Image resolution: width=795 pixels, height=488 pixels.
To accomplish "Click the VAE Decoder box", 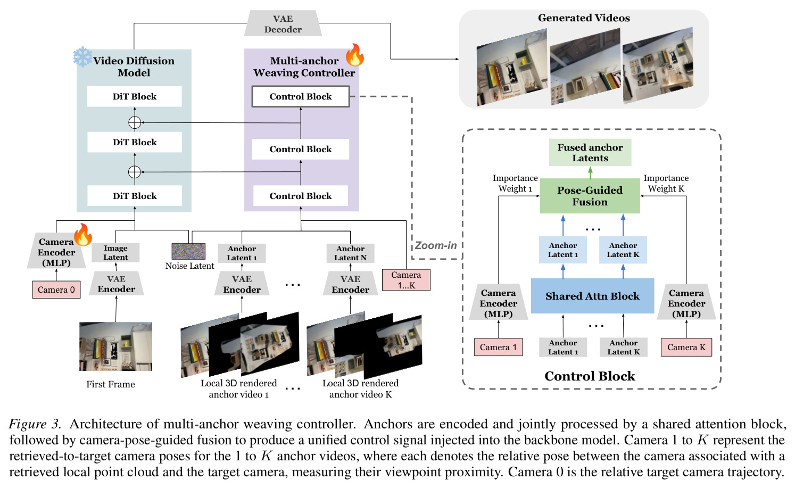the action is click(283, 23).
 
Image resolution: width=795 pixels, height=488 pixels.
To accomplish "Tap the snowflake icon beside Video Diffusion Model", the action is click(82, 57).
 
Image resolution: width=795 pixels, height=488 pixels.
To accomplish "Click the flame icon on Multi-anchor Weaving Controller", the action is click(355, 55).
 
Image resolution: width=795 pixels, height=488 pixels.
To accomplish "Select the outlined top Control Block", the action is click(301, 96).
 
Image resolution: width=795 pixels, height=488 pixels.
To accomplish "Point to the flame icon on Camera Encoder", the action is click(83, 235).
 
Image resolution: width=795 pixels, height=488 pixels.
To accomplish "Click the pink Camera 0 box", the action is click(56, 290).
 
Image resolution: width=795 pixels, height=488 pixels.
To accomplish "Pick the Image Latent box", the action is click(115, 252).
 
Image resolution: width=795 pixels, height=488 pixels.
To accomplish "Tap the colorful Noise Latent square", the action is click(188, 251).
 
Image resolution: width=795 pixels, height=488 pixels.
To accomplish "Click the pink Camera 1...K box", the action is click(406, 280).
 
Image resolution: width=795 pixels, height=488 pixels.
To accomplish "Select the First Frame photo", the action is click(115, 346).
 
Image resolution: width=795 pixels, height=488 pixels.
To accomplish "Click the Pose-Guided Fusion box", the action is click(590, 196).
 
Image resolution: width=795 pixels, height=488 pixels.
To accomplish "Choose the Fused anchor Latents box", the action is click(590, 152).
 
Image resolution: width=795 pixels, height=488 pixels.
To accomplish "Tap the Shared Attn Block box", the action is click(592, 296).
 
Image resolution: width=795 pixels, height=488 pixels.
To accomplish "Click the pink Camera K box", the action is click(686, 347).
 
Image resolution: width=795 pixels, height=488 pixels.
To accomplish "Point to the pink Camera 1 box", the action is click(498, 347).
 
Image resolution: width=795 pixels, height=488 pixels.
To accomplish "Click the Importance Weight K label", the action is click(666, 183).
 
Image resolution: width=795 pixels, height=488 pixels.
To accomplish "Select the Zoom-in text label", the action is click(436, 245).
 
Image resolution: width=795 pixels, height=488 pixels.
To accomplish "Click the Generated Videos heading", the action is click(584, 18).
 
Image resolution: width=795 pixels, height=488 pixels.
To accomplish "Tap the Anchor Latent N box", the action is click(350, 253).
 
